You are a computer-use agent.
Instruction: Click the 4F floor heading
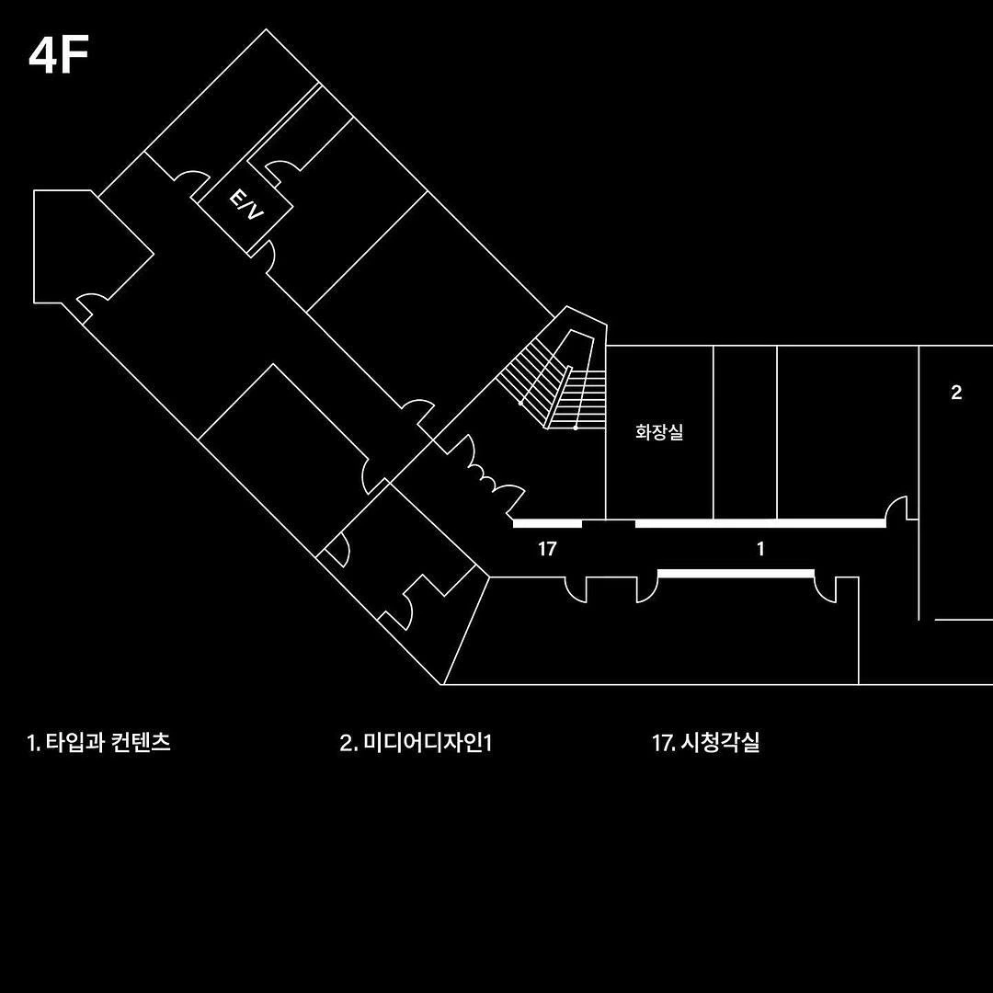[x=59, y=56]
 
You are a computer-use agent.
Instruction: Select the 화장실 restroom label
[x=659, y=431]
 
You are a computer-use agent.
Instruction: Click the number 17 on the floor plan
[x=547, y=549]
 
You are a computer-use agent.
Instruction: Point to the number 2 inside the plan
[x=956, y=393]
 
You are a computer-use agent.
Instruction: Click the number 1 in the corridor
[x=760, y=549]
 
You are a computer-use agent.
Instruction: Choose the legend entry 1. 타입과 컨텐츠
[x=99, y=743]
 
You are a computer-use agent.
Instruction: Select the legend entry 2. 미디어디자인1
[x=416, y=743]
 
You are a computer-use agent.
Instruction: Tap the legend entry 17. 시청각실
[x=706, y=743]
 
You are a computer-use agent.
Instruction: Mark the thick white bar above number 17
[x=547, y=524]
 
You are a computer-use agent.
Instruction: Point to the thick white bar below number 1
[x=736, y=573]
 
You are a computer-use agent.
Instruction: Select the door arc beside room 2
[x=897, y=508]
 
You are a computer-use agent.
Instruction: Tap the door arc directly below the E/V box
[x=265, y=257]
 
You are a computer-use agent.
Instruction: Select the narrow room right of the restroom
[x=745, y=432]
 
